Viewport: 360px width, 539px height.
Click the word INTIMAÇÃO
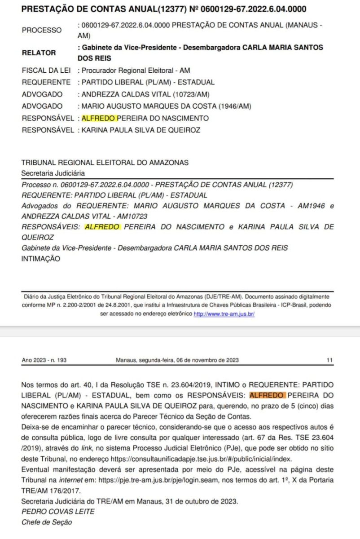point(41,259)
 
